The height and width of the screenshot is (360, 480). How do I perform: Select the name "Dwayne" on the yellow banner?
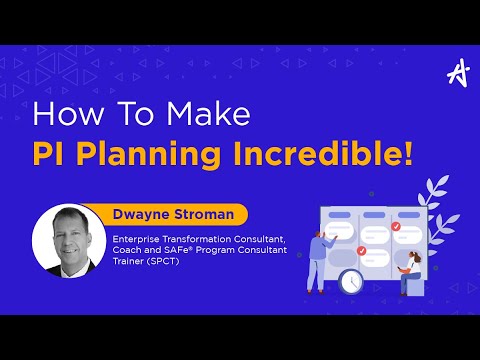pos(142,213)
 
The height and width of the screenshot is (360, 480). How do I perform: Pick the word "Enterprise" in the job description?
pos(136,238)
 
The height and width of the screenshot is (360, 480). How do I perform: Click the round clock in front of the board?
pos(350,283)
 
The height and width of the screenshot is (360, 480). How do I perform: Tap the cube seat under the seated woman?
pos(408,287)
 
